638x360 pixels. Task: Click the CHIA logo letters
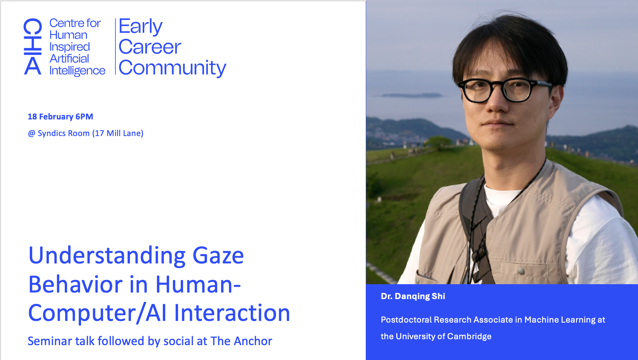click(x=33, y=46)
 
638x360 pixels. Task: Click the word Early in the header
click(x=140, y=27)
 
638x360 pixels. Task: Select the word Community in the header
click(x=172, y=68)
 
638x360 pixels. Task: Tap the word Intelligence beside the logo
click(x=77, y=71)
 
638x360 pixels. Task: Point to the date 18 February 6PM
click(x=60, y=117)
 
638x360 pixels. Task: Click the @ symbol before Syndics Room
click(x=32, y=134)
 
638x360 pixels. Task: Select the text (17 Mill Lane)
click(x=118, y=133)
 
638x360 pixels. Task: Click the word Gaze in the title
click(x=218, y=256)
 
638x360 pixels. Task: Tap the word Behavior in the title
click(x=76, y=285)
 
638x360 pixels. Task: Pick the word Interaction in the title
click(x=232, y=313)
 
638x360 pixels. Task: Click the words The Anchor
click(x=241, y=341)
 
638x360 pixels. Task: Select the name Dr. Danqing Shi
click(x=413, y=296)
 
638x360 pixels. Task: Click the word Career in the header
click(x=150, y=47)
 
